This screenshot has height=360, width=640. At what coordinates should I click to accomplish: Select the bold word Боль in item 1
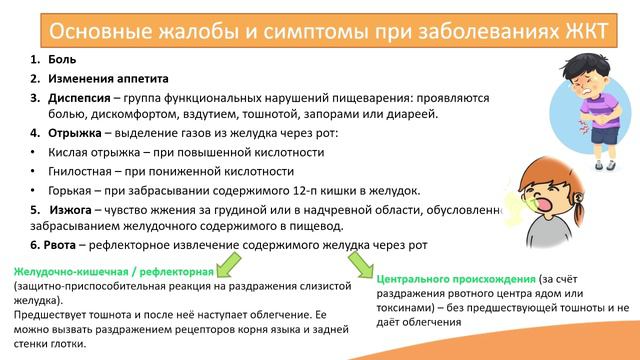61,59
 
